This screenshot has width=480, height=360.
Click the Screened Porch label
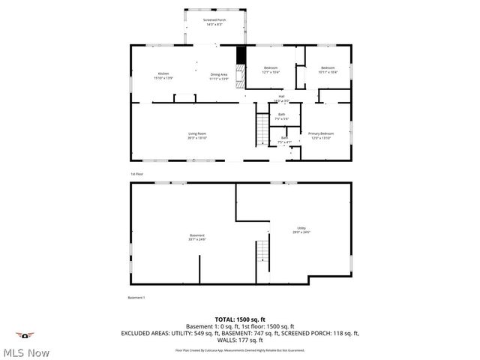point(214,22)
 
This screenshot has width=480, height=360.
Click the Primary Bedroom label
point(321,136)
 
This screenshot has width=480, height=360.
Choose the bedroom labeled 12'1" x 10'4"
point(271,70)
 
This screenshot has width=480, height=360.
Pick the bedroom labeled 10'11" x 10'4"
point(328,70)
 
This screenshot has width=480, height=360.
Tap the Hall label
point(281,97)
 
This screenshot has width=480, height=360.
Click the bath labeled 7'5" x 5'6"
point(281,116)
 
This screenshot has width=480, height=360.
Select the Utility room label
point(301,230)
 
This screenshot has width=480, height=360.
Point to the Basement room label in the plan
point(196,237)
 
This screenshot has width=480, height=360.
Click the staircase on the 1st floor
point(262,130)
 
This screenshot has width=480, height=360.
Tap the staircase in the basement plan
point(262,259)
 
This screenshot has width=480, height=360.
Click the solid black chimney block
point(241,56)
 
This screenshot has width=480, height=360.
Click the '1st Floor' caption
point(136,173)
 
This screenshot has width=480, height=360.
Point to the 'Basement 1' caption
point(136,298)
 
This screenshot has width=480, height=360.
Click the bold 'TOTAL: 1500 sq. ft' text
point(240,319)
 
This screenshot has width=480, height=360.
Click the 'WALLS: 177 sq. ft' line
point(240,340)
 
